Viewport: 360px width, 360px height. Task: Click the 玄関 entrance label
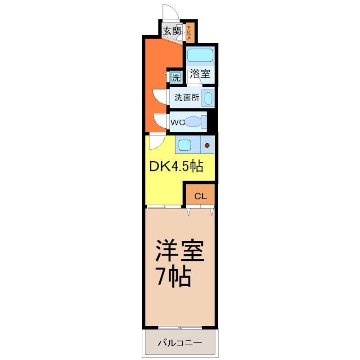(172, 31)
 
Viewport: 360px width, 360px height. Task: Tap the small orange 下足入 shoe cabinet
(189, 32)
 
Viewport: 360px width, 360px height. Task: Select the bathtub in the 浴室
(200, 55)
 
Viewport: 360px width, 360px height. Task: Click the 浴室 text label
(200, 74)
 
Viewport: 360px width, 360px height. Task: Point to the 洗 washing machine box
(175, 77)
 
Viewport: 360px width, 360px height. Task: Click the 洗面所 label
(187, 97)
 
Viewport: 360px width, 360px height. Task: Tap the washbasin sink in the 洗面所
(208, 98)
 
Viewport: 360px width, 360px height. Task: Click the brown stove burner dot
(207, 145)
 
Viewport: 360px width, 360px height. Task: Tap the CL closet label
(201, 196)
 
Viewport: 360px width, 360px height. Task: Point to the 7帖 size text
(173, 277)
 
